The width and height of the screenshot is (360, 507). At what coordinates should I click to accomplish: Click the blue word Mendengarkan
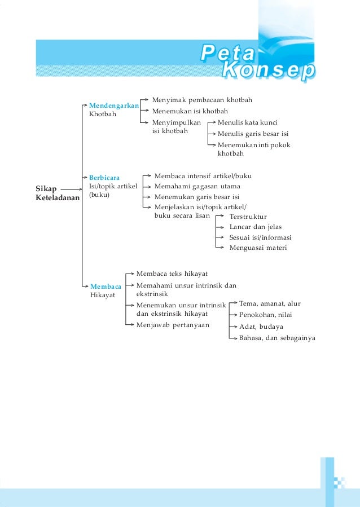pos(114,105)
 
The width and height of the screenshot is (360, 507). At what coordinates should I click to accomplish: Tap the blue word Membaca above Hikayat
pos(106,286)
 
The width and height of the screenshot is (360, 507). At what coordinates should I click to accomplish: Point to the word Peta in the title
pos(227,55)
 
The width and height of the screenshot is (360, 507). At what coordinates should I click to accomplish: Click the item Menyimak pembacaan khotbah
pos(202,100)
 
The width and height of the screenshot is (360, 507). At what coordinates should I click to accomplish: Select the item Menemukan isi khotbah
pos(190,111)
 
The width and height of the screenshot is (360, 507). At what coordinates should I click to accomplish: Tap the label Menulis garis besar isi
pos(253,134)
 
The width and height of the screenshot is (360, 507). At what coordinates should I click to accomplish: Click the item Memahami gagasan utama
pos(197,186)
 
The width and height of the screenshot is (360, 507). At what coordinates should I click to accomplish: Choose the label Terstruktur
pos(248,217)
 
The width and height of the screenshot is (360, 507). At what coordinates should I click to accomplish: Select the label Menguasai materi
pos(258,248)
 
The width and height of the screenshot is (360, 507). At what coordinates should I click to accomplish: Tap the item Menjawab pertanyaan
pos(173,325)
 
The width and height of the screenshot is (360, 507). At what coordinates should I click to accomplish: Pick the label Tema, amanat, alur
pos(270,303)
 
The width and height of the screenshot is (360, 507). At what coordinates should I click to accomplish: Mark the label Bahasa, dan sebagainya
pos(277,338)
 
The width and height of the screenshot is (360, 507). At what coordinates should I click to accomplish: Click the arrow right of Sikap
pos(72,188)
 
